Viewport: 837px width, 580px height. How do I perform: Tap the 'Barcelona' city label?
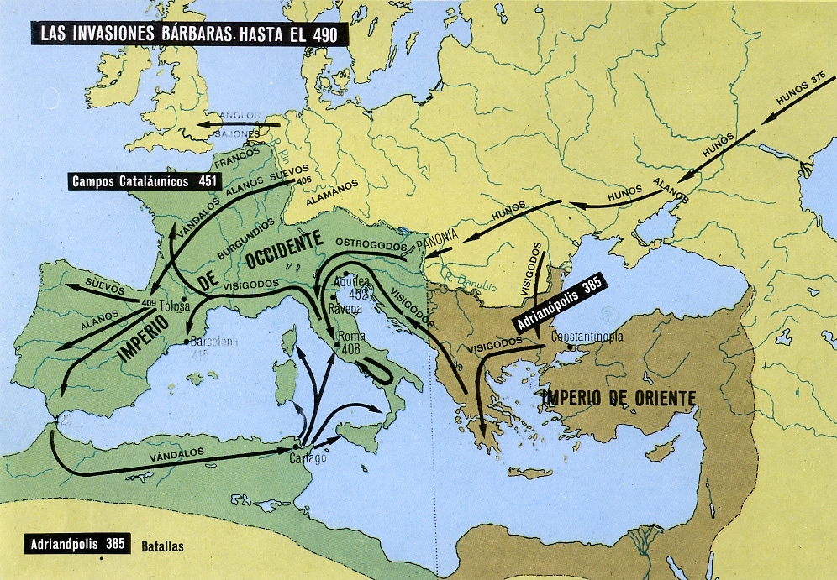click(x=215, y=342)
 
